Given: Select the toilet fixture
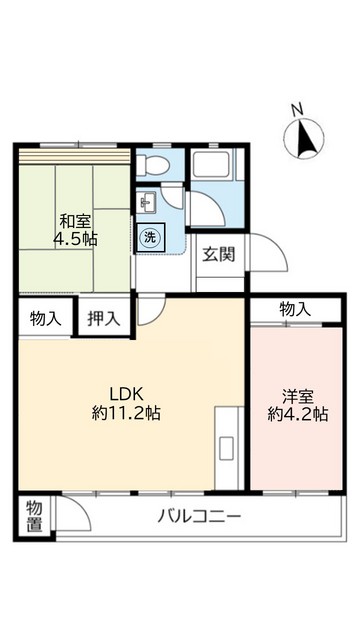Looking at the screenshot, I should click(x=155, y=165).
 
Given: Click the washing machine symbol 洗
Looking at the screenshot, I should click(x=149, y=238).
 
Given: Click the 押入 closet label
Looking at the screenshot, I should click(x=104, y=319).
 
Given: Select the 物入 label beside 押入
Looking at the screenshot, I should click(x=46, y=319).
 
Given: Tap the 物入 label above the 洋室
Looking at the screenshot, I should click(x=295, y=309).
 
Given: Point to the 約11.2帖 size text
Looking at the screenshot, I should click(x=127, y=411).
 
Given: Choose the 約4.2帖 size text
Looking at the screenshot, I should click(x=297, y=415).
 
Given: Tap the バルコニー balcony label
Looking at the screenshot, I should click(x=199, y=518).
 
